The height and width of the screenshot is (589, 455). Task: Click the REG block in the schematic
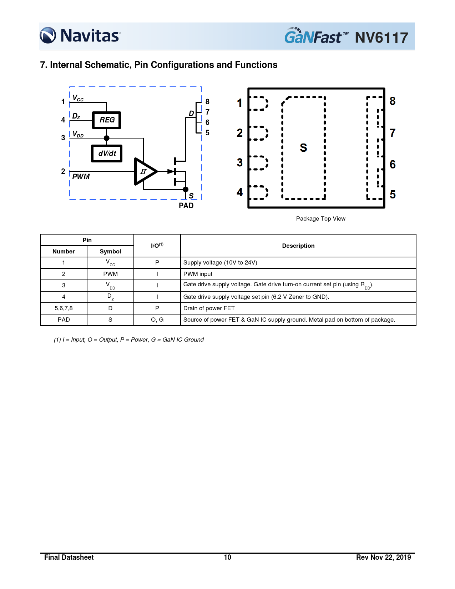coord(107,120)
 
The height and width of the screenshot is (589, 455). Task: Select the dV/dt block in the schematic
coord(107,153)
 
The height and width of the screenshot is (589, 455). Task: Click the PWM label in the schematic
coord(81,177)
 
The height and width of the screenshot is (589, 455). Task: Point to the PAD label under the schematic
coord(186,206)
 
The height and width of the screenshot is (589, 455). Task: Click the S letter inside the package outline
coord(303,148)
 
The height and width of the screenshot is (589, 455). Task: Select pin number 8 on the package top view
coord(393,101)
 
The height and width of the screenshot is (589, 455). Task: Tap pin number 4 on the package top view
coord(240,192)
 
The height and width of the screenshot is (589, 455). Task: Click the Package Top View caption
coord(320,219)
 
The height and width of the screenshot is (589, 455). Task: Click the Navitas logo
coord(80,36)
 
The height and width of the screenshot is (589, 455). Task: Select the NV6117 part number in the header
coord(381,37)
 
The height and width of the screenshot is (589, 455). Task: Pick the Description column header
coord(298,246)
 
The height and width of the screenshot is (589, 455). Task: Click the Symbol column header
coord(110,251)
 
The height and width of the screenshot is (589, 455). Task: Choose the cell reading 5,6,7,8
coord(64,308)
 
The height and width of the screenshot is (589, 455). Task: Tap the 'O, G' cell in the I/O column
coord(157,319)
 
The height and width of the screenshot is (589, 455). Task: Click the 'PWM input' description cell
coord(198,274)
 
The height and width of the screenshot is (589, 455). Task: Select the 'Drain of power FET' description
coord(209,308)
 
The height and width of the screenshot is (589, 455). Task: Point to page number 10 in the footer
coord(227,557)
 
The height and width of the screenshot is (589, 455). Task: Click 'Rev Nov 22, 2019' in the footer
coord(383,557)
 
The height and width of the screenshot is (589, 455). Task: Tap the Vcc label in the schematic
coord(78,98)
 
